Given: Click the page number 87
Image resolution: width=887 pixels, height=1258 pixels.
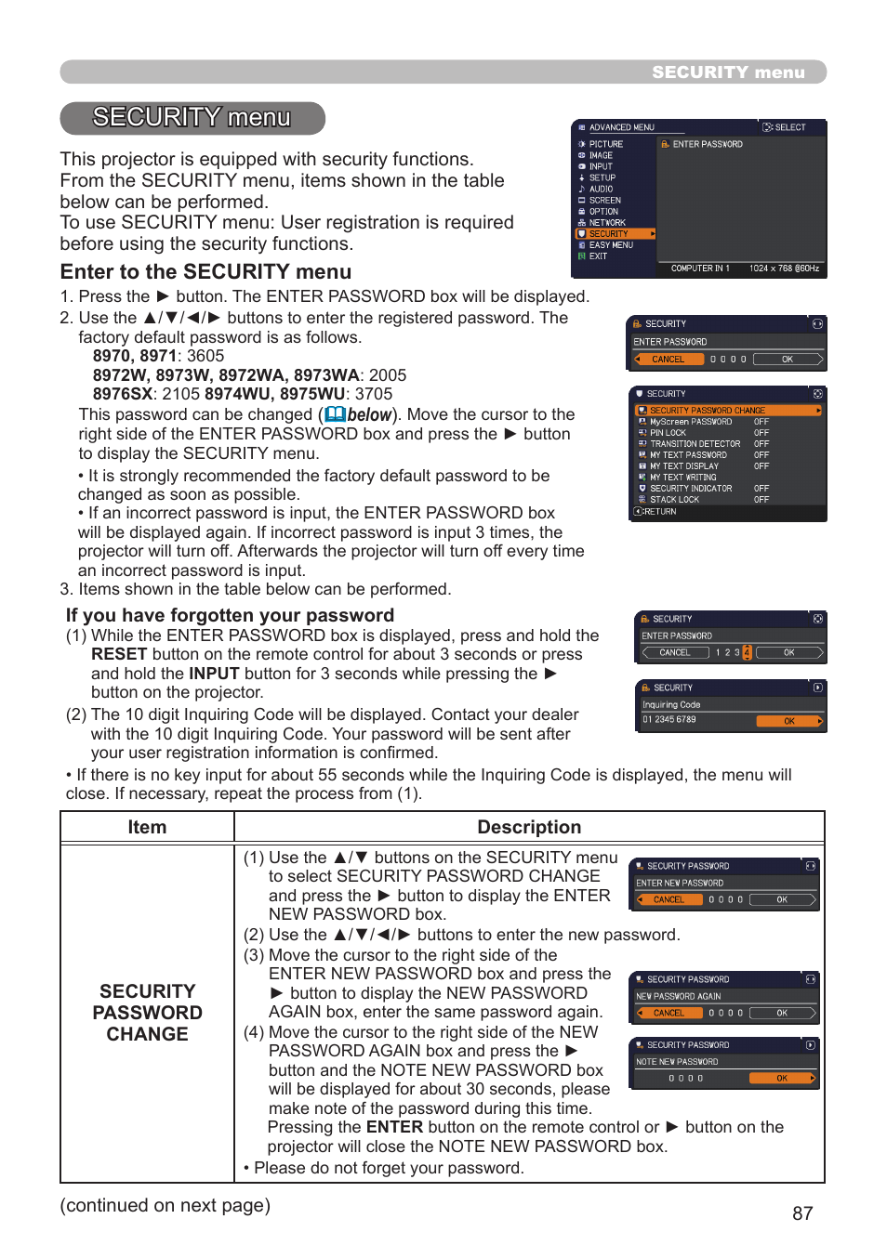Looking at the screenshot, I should pos(802,1213).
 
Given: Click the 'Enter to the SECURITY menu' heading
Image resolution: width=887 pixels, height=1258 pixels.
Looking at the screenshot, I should pos(205,272).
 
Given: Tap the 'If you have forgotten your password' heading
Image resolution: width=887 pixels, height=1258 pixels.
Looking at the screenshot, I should pos(230,615).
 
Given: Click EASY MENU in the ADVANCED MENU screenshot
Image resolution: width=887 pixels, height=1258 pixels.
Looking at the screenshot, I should pos(611,245).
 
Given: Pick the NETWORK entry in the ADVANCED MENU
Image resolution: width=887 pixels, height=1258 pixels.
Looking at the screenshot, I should pos(607,223).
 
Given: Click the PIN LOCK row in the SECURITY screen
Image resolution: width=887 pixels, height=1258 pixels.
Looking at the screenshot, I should pos(668,433).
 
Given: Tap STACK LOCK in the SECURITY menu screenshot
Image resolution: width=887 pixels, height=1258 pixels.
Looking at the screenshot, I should pos(674,500).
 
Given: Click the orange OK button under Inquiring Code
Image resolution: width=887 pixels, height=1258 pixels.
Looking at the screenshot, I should pos(789,721).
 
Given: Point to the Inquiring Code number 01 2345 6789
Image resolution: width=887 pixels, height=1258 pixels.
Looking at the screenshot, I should pos(669,719).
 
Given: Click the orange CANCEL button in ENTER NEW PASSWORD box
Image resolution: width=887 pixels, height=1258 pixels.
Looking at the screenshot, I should pos(669,899).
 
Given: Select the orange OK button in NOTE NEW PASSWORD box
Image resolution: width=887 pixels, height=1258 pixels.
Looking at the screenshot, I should pos(782,1079).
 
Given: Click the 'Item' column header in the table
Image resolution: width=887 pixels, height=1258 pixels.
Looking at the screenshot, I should pos(147,827).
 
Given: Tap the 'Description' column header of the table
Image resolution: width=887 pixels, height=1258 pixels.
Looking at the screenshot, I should pos(529,827).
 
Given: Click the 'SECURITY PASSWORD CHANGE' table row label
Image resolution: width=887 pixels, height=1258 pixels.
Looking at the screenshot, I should pos(147,1013).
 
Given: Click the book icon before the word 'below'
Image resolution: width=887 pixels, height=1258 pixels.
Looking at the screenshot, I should pos(335,415).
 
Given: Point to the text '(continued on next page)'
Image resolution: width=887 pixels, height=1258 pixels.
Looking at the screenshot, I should pos(165,1205).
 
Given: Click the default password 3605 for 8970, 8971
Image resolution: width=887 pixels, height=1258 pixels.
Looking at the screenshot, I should pos(205,356).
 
